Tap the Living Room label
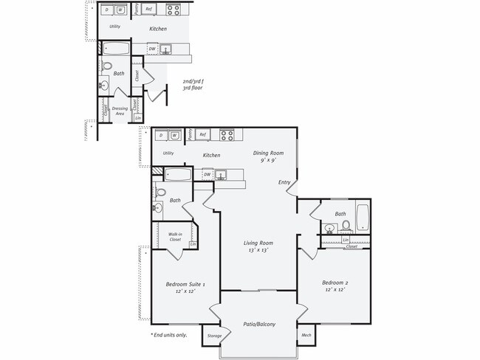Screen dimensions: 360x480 (x=258, y=243)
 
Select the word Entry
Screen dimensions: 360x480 (x=284, y=182)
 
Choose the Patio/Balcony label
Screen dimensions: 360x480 (x=259, y=323)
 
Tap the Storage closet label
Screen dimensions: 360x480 (x=213, y=336)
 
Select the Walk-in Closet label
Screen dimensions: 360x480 (x=175, y=237)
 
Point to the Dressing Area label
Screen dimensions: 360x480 (x=120, y=111)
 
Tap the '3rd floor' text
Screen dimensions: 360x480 (x=193, y=88)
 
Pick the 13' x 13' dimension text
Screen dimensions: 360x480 (x=258, y=250)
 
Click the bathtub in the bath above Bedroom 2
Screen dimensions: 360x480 (x=363, y=218)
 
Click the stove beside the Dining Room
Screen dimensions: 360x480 (x=227, y=134)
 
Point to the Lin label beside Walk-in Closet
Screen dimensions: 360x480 (x=193, y=244)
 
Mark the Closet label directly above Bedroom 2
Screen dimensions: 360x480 (x=352, y=246)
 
